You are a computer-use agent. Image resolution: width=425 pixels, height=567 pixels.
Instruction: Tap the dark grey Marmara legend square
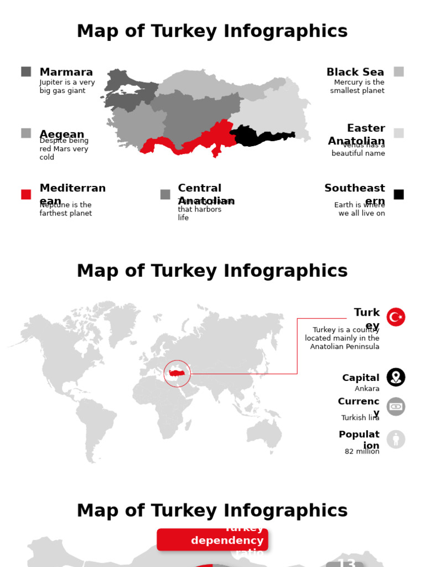(x=26, y=71)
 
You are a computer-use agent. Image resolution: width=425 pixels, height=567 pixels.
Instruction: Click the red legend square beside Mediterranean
(x=26, y=194)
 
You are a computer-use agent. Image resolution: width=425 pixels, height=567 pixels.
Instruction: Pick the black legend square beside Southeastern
(x=398, y=194)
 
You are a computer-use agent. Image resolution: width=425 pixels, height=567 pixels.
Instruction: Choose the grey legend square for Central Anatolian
(x=165, y=194)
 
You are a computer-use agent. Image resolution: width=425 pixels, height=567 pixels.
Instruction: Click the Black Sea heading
(x=355, y=72)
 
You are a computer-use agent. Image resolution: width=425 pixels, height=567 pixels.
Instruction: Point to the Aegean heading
(x=62, y=135)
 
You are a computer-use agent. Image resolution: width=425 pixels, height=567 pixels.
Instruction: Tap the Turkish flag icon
(x=396, y=317)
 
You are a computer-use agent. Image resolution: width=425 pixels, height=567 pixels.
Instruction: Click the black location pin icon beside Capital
(x=396, y=377)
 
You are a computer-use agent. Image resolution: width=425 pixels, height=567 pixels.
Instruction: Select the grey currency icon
(x=396, y=406)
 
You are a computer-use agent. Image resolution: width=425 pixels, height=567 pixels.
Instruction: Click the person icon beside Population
(x=396, y=440)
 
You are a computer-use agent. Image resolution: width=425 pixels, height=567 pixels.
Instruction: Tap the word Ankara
(x=367, y=389)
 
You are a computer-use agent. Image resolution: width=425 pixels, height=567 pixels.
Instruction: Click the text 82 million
(x=362, y=452)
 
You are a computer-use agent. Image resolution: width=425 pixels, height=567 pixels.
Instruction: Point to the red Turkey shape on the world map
(x=177, y=373)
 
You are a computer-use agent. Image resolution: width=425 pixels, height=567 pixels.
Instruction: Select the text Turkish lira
(x=360, y=418)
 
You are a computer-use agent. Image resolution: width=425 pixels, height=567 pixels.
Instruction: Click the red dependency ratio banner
(x=212, y=540)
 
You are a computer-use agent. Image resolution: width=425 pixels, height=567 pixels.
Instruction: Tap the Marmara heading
(x=66, y=72)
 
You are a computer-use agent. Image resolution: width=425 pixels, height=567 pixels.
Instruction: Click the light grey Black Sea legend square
(x=398, y=71)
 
